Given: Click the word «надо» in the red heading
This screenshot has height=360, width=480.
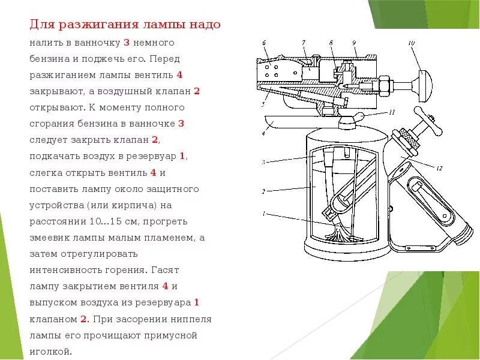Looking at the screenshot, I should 204,25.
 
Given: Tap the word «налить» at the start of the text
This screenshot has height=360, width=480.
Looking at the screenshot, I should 44,43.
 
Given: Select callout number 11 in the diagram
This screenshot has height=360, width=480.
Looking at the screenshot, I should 392,112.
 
